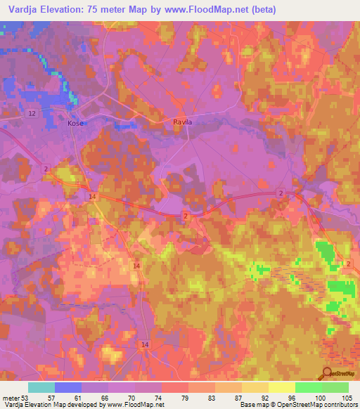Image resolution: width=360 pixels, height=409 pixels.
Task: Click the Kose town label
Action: coord(75,123)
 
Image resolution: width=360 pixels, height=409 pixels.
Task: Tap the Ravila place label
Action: coord(183,122)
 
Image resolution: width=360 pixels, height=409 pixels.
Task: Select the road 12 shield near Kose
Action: coord(32,113)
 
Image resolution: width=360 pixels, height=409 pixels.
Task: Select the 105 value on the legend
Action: coord(347,397)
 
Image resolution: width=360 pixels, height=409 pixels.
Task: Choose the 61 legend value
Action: coord(68,397)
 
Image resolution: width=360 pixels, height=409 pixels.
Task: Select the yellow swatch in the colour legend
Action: coord(282,387)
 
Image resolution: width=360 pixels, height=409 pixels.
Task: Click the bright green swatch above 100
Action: coord(309,387)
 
